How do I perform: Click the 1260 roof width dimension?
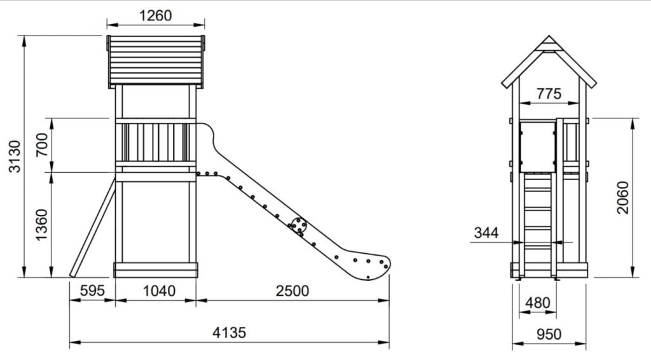tap(155, 16)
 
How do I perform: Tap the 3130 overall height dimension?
tap(15, 156)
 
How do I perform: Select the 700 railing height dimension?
tap(42, 145)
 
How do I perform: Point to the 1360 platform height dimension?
tap(42, 225)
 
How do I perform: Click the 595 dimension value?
tap(92, 290)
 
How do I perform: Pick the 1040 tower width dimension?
tap(159, 291)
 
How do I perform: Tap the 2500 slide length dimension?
tap(292, 291)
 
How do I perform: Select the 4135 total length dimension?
tap(229, 332)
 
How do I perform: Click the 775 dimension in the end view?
tap(549, 94)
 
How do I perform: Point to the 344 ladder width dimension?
tap(486, 233)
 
